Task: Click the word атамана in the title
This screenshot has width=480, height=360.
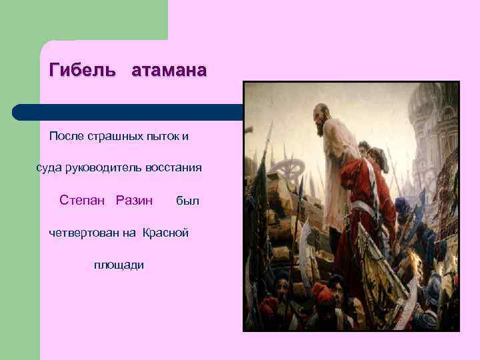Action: (169, 71)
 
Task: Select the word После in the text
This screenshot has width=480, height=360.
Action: (66, 137)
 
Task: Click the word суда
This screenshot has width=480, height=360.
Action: (49, 168)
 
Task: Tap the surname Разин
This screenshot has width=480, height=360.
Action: (134, 200)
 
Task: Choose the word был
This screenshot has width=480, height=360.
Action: (187, 201)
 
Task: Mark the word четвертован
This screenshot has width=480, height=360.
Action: (83, 233)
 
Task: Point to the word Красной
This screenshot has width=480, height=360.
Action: (166, 233)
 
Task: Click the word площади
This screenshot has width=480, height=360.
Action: (119, 265)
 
